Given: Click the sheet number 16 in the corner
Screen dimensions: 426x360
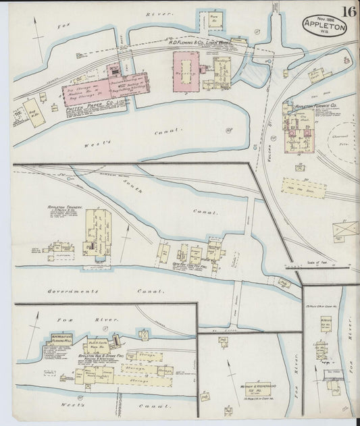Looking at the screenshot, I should pos(349,11).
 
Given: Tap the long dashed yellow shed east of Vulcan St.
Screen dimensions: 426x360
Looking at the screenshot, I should pos(305,187).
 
